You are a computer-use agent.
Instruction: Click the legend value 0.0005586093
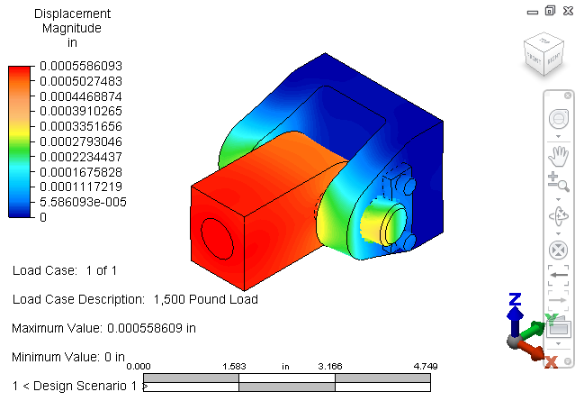point(81,66)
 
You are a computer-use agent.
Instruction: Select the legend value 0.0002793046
point(81,141)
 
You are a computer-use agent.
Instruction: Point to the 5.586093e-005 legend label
point(83,202)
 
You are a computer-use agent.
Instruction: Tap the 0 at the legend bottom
point(43,217)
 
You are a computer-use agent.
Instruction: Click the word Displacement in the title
point(72,14)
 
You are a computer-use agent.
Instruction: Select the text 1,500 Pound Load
point(206,299)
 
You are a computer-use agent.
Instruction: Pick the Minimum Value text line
point(68,357)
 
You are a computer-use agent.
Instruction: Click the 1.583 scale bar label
point(234,367)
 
